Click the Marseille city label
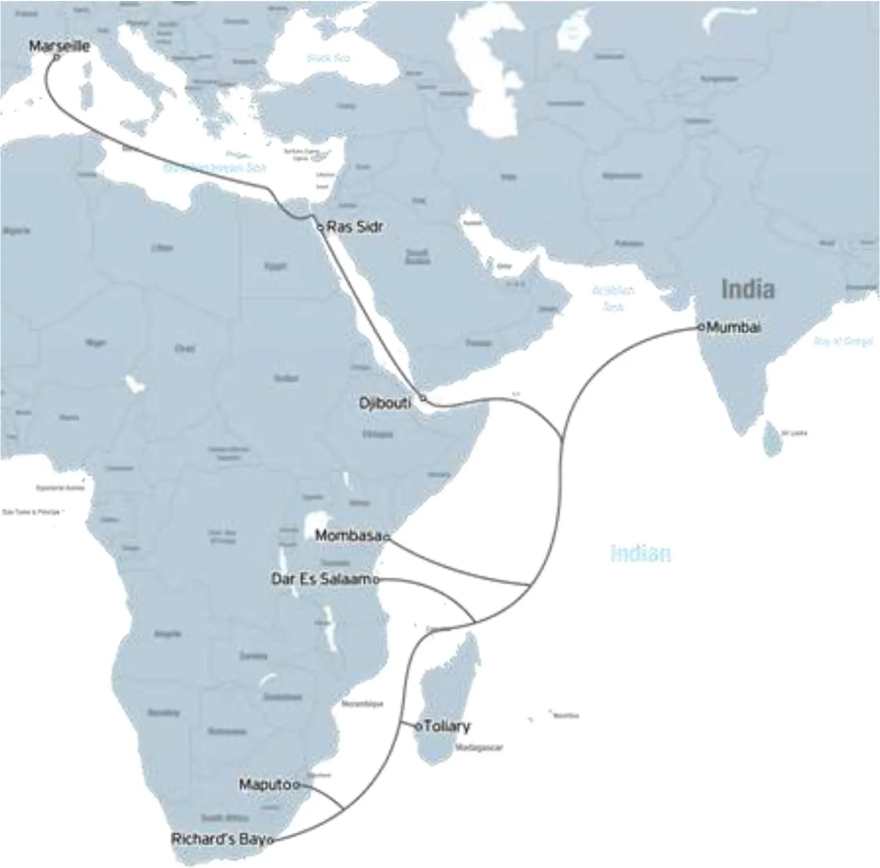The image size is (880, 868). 59,46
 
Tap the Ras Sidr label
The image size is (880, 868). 354,226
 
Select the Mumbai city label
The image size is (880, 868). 733,327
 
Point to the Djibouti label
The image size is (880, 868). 385,404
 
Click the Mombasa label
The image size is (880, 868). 348,535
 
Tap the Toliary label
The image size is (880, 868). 446,726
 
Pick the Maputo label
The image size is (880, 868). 265,784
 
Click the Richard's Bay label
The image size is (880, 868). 218,839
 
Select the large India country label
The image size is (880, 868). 747,289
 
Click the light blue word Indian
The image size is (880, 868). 640,554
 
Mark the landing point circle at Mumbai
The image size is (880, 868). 701,327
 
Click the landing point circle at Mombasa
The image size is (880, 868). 387,537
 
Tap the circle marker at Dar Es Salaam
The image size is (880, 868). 376,580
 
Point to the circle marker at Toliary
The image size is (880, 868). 418,727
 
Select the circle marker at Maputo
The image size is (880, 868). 296,785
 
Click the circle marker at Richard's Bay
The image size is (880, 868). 270,840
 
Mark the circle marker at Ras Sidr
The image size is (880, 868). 320,227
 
